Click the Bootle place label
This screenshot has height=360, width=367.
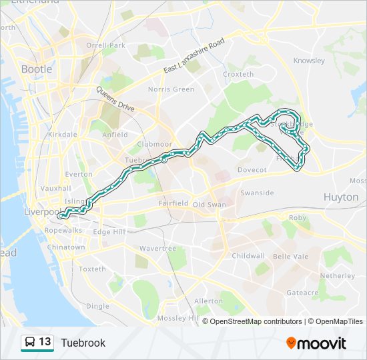click(36, 69)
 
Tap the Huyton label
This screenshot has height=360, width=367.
click(340, 197)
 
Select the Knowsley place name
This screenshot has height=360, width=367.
click(309, 61)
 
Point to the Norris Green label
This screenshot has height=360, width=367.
click(171, 89)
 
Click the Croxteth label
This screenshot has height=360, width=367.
click(238, 74)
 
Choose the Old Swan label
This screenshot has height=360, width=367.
click(210, 204)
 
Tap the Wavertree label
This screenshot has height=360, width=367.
click(157, 248)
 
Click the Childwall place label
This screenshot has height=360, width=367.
click(248, 255)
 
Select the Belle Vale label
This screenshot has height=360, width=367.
click(291, 256)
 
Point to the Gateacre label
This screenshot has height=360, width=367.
click(302, 292)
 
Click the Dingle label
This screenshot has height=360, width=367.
click(97, 306)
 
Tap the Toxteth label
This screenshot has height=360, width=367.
click(92, 269)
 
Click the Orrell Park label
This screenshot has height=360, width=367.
click(105, 45)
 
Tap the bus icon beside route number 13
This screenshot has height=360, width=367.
click(29, 343)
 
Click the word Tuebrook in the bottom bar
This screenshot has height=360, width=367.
click(83, 343)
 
